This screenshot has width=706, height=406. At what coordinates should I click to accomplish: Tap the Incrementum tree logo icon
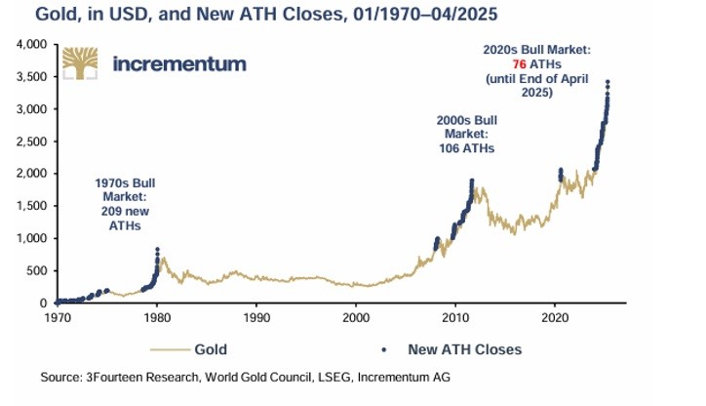82,63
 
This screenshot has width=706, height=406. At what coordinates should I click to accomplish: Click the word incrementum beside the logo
179,64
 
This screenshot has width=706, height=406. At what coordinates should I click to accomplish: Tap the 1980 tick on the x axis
156,317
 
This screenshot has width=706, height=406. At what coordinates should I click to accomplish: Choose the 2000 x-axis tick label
356,317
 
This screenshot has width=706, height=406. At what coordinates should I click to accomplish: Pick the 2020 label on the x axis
555,317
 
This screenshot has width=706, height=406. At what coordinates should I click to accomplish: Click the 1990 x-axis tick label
256,317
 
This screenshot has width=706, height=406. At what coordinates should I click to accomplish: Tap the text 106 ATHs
466,149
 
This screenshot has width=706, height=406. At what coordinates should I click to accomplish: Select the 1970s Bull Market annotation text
125,204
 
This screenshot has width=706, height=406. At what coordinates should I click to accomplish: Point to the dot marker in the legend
386,348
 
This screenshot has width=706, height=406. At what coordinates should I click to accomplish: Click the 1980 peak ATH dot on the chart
157,250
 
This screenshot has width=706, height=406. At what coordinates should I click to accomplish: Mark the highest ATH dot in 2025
608,82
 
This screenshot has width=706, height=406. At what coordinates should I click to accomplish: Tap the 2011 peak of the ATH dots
472,182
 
